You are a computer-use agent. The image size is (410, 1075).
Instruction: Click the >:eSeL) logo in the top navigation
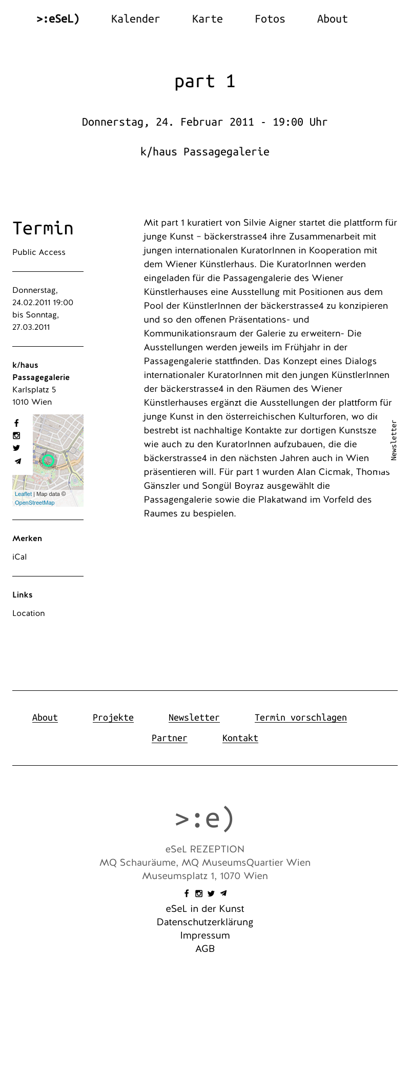click(x=58, y=19)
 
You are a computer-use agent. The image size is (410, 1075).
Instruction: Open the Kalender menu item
click(x=135, y=19)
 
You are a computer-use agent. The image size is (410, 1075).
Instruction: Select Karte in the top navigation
click(x=207, y=19)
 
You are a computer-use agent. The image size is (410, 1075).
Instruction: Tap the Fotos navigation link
click(x=270, y=19)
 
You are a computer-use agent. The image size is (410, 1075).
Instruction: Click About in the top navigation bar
click(x=332, y=19)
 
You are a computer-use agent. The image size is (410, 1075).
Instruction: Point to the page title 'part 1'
click(x=204, y=82)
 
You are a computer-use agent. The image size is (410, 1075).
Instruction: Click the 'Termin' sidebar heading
click(x=43, y=228)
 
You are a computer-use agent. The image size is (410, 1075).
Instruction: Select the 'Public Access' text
click(x=39, y=252)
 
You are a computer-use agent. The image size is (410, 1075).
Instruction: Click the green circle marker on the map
click(x=48, y=460)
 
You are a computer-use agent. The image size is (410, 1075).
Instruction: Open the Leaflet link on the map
click(x=23, y=494)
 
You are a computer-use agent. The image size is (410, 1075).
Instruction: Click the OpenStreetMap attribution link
click(x=34, y=503)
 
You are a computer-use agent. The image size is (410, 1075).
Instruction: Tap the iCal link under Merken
click(x=19, y=557)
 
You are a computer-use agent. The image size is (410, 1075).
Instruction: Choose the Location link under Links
click(x=29, y=613)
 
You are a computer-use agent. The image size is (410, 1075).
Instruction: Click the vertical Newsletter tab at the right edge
click(x=394, y=440)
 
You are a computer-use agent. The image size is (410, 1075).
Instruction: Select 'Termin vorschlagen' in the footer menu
click(x=300, y=718)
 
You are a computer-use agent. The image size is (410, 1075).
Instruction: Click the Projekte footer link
click(x=113, y=718)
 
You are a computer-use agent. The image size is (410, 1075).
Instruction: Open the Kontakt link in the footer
click(x=240, y=738)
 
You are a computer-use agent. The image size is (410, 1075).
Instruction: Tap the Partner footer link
click(x=169, y=738)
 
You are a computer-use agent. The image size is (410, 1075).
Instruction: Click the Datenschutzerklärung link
click(x=205, y=922)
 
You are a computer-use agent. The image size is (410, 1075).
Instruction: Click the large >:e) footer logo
click(x=204, y=818)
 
